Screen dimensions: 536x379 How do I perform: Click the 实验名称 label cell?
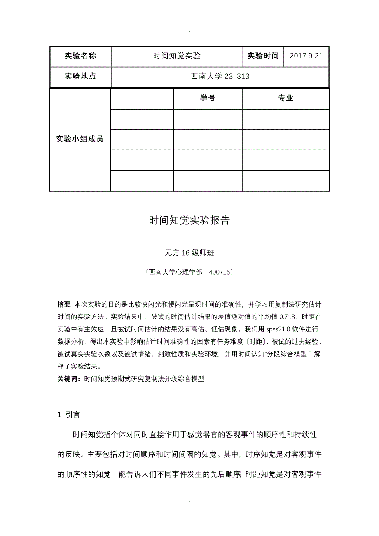[80, 56]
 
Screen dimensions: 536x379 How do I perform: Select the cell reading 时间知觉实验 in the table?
[177, 56]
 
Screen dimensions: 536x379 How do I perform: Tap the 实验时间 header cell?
[263, 56]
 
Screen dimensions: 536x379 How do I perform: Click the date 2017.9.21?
[306, 56]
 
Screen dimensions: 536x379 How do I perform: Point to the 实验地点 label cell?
[80, 76]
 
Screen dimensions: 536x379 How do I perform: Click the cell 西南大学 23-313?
[220, 76]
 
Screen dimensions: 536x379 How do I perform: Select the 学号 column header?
[208, 98]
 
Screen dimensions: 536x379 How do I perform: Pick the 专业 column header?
[285, 98]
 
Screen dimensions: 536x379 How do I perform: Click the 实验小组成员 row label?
[80, 139]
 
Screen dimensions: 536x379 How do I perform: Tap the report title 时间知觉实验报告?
[189, 220]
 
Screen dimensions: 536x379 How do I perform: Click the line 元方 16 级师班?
[189, 253]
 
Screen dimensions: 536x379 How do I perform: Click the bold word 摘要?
[64, 304]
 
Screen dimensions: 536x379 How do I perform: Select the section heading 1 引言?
[69, 415]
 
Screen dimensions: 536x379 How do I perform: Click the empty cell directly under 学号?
[208, 119]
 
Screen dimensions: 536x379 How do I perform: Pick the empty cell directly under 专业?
[285, 119]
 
